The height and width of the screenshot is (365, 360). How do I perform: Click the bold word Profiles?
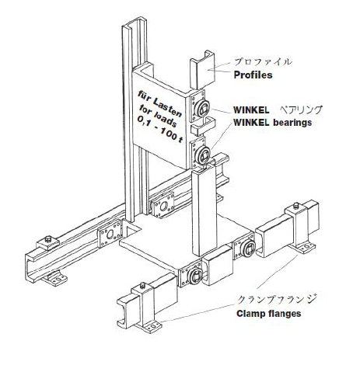point(253,75)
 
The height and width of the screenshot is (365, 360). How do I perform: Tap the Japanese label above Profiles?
point(263,61)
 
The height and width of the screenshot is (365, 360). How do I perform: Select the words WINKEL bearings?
point(272,122)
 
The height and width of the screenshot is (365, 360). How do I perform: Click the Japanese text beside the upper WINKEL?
point(302,109)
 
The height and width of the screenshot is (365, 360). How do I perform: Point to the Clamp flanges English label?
point(269,314)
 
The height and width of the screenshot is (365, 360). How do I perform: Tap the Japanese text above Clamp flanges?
point(277,300)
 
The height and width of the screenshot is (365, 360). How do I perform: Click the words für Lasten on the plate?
point(160,103)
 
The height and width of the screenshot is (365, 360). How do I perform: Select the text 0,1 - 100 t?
point(160,130)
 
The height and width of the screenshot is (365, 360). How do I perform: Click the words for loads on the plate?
point(158,116)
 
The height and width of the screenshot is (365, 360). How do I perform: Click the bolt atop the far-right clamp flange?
point(295,207)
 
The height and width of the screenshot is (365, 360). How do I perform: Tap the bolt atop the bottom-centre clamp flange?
point(142,286)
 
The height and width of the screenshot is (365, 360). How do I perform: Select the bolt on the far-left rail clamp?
point(48,239)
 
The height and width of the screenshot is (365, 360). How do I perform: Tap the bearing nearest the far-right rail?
point(248,248)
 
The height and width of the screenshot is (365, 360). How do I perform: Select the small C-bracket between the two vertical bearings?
point(203,127)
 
